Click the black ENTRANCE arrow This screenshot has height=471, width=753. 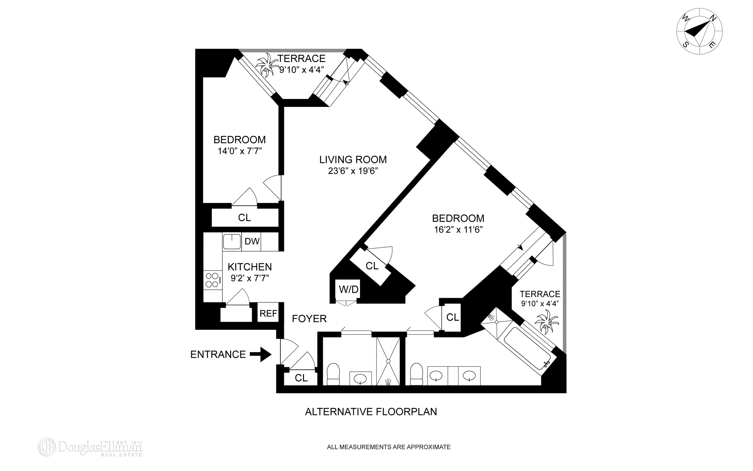coord(260,354)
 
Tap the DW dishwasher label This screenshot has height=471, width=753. coord(252,241)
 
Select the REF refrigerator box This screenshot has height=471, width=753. coord(268,313)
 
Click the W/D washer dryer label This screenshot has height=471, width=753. coord(348,290)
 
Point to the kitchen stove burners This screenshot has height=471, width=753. coord(212,279)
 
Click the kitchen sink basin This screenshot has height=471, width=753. coord(231,242)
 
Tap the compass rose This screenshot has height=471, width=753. coord(699,31)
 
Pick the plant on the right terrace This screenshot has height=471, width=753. coord(547,321)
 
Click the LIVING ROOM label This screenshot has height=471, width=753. coord(353,160)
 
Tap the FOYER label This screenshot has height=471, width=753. coord(309,318)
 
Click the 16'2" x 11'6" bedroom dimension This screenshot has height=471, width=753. coord(458,230)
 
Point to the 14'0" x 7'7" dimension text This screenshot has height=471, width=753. coord(240,151)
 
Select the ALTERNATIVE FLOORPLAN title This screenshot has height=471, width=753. coord(371,412)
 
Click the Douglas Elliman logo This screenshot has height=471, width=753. coord(91,447)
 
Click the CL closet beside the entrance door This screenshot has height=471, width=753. coord(301,378)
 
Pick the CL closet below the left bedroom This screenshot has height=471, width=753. coord(244,217)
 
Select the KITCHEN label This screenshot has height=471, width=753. coord(249,267)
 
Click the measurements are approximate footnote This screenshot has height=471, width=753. coord(388,447)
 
